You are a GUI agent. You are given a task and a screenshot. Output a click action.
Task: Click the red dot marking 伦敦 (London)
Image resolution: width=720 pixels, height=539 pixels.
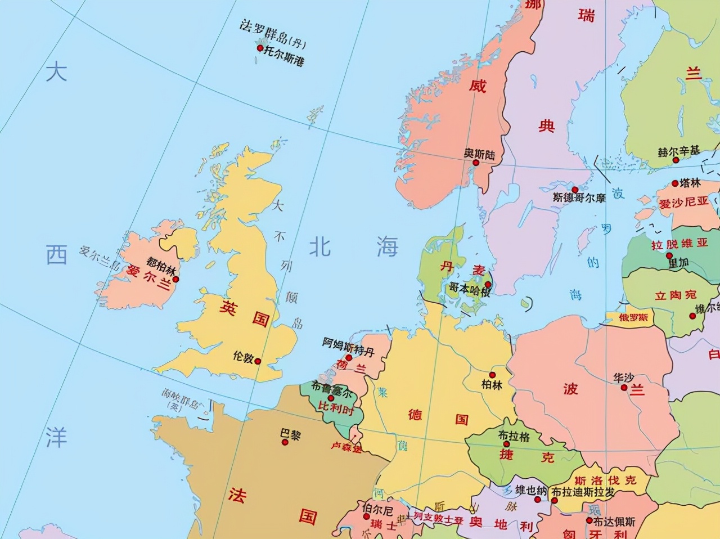(258, 361)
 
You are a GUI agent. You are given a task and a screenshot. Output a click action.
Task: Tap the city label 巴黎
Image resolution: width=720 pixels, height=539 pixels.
(290, 434)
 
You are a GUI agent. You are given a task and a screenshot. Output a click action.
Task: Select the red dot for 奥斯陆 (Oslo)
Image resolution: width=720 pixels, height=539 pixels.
(476, 163)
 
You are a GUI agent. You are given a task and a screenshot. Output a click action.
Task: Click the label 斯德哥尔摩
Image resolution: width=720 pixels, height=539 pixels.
(579, 197)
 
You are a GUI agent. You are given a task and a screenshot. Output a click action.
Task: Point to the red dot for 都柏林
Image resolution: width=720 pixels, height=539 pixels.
(175, 279)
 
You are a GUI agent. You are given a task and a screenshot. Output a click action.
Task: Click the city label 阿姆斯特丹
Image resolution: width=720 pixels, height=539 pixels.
(348, 344)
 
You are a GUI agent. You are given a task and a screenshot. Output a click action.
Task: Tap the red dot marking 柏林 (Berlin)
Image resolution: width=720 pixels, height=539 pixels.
(492, 375)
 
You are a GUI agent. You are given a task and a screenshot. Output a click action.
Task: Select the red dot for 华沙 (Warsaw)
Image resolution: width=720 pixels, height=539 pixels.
(624, 387)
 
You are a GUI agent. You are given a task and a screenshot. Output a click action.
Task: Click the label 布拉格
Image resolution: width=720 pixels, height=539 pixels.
(514, 435)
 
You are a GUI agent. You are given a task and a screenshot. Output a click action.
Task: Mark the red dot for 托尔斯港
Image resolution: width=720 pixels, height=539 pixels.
(260, 48)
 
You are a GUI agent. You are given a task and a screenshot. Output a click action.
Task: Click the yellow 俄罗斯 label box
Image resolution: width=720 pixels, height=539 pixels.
(633, 318)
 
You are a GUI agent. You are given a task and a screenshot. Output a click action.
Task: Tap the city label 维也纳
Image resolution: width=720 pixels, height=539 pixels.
(532, 491)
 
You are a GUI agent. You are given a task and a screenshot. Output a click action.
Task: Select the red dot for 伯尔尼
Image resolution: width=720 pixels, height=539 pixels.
(366, 516)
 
